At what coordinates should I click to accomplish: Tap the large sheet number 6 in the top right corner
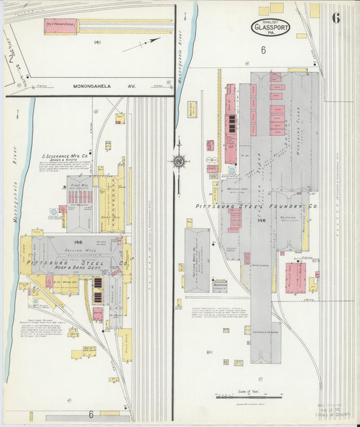pos(335,18)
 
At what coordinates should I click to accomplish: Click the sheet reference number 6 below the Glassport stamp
pos(263,49)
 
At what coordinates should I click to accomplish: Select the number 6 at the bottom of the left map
pos(90,413)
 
